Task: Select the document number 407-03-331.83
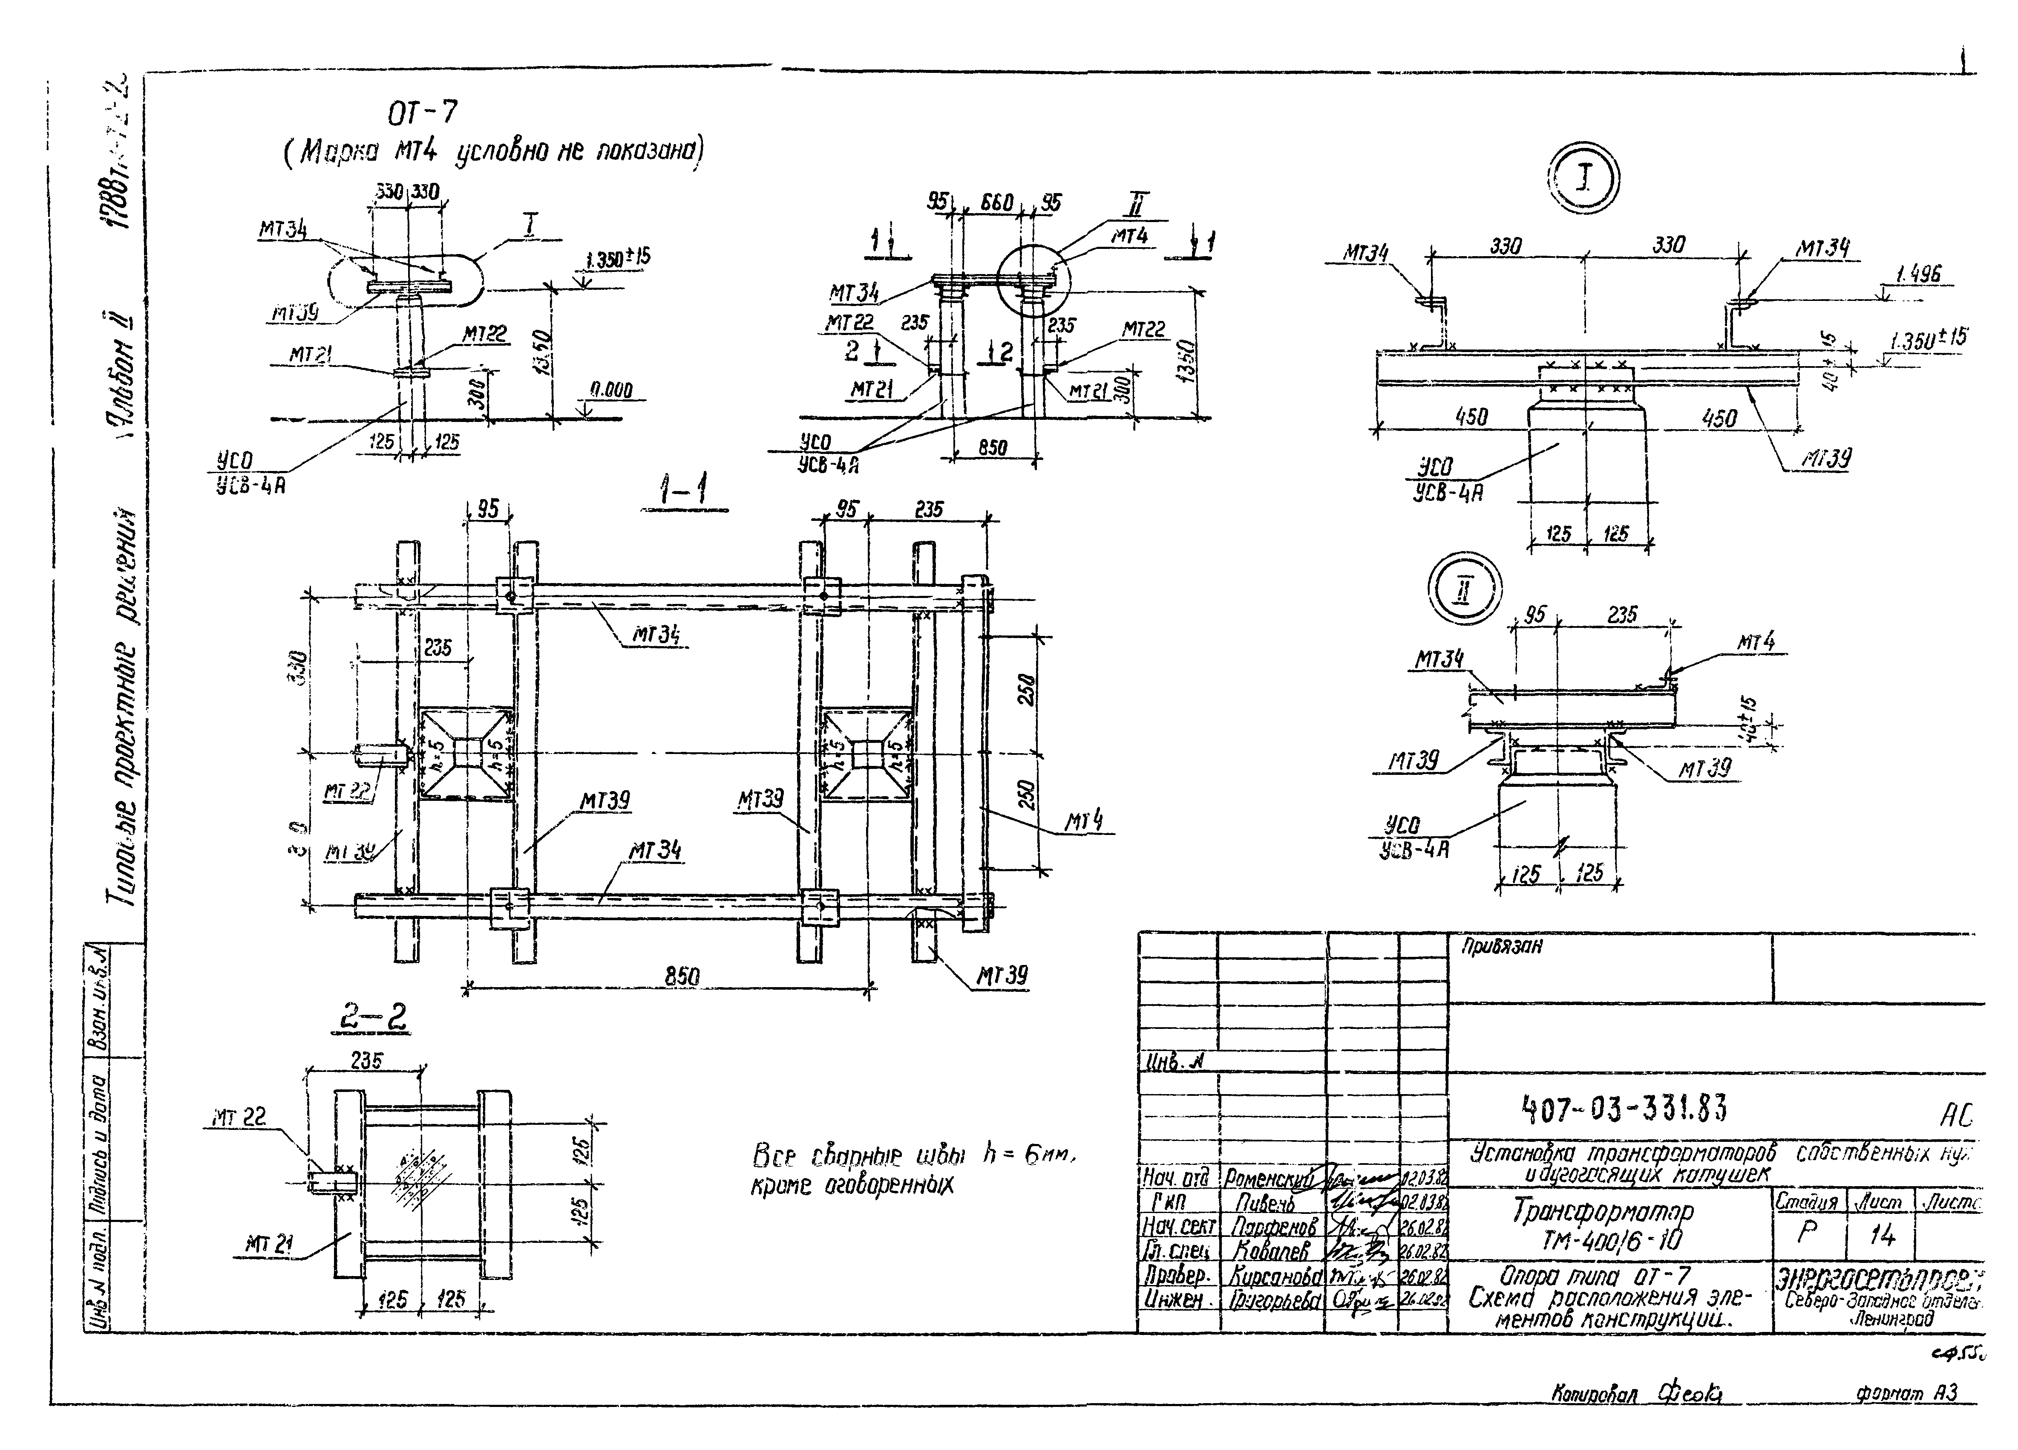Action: (1624, 1108)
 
